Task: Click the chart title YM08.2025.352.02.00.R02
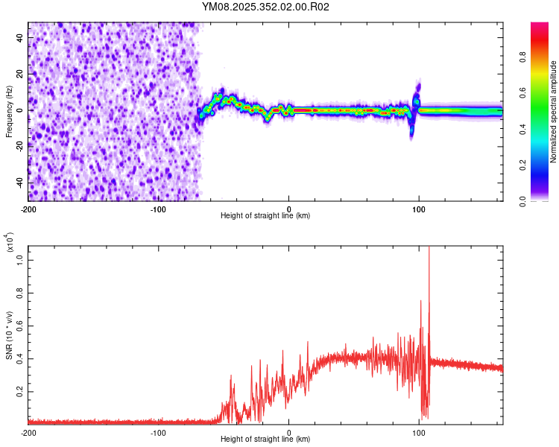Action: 265,7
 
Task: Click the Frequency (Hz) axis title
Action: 9,112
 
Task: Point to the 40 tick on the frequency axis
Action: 20,37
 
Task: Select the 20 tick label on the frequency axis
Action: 20,73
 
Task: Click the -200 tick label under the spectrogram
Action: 28,208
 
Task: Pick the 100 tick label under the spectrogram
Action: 419,208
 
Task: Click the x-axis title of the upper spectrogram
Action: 265,216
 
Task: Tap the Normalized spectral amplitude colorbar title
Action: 553,112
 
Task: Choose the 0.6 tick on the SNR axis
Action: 20,327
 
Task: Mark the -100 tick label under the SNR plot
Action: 158,432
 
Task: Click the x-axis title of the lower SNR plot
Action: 265,440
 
